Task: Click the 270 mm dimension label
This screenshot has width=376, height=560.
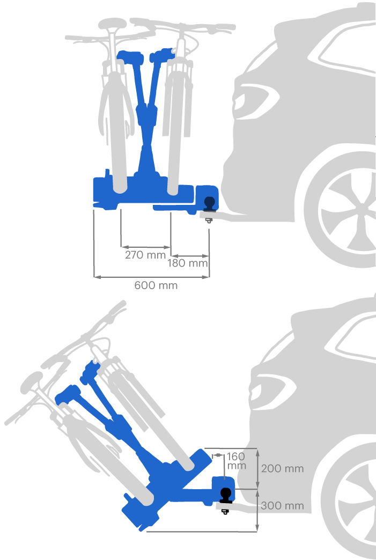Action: [x=145, y=255]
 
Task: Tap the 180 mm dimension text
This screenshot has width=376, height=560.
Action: [x=188, y=263]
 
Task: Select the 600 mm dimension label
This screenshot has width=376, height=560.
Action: [x=156, y=285]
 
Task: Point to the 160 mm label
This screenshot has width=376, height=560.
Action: [x=237, y=461]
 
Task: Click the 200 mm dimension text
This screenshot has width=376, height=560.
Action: [x=283, y=469]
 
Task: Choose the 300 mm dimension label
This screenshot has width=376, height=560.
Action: [x=283, y=506]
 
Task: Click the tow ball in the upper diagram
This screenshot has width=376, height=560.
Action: [x=209, y=203]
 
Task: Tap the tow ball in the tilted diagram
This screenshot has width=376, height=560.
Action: [x=226, y=495]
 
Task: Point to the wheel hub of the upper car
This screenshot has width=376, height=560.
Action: [x=364, y=210]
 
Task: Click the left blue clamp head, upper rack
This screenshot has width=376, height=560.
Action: [x=130, y=57]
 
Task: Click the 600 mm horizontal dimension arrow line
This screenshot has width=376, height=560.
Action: [x=151, y=276]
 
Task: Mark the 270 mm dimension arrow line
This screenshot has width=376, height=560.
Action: [x=146, y=246]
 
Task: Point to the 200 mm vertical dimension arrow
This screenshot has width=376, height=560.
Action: [x=258, y=469]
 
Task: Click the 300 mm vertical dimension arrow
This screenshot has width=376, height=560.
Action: [x=258, y=510]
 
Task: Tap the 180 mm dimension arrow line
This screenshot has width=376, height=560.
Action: [x=189, y=256]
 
